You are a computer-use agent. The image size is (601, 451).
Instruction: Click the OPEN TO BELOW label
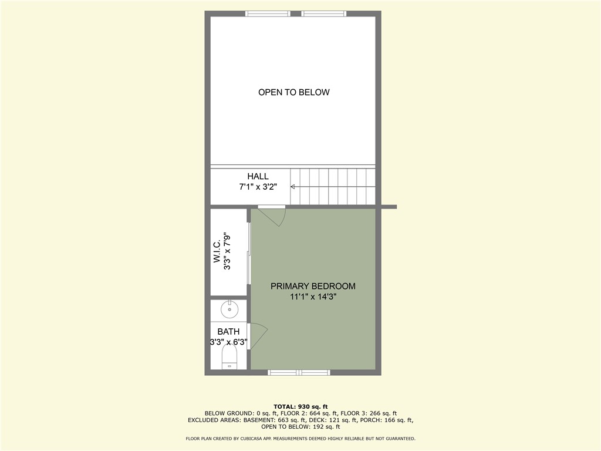click(293, 92)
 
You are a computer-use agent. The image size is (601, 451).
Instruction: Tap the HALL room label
click(258, 176)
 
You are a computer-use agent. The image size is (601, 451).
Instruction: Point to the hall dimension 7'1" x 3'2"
click(258, 187)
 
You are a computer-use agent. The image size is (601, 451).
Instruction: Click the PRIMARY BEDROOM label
click(313, 286)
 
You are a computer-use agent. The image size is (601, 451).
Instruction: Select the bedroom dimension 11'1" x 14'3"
click(313, 297)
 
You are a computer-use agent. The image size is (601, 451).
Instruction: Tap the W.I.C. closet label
click(217, 251)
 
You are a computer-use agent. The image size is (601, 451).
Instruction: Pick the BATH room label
click(228, 332)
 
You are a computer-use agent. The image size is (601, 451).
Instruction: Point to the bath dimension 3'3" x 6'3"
click(229, 342)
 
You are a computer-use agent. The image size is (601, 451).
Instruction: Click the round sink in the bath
click(229, 308)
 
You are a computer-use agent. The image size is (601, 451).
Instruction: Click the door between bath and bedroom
click(257, 336)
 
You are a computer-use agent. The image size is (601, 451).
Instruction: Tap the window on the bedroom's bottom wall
click(299, 372)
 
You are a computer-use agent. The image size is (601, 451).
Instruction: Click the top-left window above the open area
click(268, 14)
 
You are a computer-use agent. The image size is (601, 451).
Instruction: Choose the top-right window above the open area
click(324, 14)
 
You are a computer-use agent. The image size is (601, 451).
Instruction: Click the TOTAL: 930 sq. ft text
click(300, 406)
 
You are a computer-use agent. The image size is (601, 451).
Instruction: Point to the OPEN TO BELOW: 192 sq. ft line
click(300, 427)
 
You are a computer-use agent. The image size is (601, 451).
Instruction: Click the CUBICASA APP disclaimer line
click(300, 439)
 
